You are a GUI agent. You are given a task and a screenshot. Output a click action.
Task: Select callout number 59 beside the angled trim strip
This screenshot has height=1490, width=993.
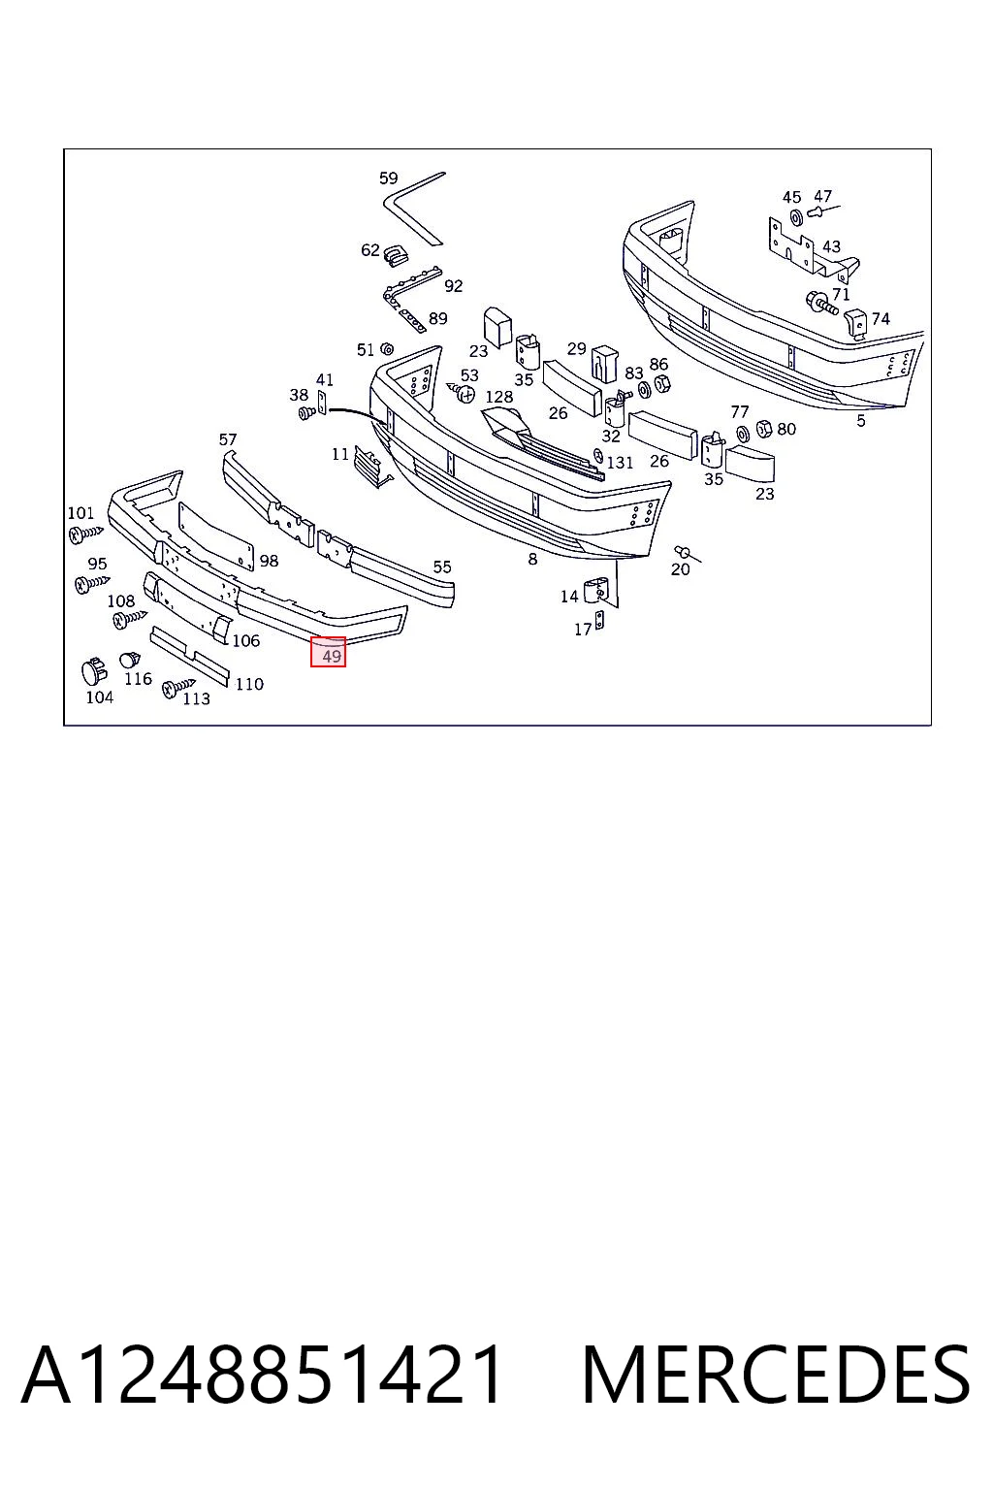tap(389, 178)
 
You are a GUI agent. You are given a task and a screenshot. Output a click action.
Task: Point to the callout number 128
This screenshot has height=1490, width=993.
tap(498, 397)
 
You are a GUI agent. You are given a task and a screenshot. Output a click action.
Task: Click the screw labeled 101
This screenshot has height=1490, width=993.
tap(85, 534)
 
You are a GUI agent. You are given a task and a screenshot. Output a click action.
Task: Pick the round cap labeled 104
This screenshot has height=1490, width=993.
tap(94, 672)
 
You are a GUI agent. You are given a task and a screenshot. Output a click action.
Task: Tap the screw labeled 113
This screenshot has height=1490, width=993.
tap(178, 688)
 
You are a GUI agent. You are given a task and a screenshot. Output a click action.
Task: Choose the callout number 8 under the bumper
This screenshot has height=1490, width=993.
tap(532, 560)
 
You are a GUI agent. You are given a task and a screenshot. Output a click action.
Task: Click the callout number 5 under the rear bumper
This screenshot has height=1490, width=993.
tap(861, 421)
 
